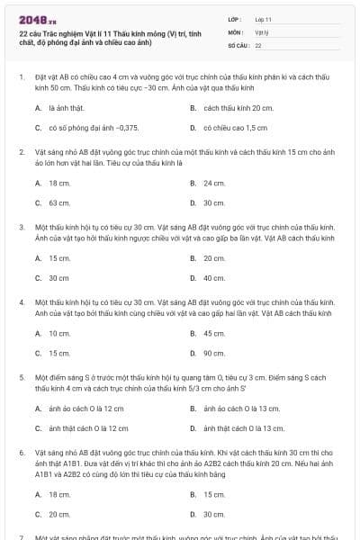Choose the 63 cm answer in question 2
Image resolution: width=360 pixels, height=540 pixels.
(x=59, y=202)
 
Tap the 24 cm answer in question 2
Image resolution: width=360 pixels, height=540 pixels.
(x=214, y=183)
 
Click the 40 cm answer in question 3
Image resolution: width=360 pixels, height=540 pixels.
(x=214, y=277)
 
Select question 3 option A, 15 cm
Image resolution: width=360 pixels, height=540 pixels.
(x=59, y=257)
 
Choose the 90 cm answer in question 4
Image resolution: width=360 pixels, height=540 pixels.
(x=214, y=353)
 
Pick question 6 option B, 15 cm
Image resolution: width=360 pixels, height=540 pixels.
(x=214, y=494)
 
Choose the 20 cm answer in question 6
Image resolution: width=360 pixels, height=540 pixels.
(x=59, y=514)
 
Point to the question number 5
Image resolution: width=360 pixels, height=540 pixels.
(x=22, y=379)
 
